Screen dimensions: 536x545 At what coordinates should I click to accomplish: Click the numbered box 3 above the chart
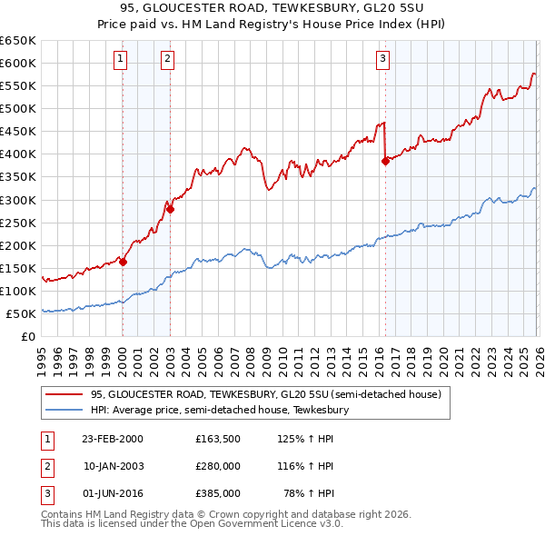(383, 59)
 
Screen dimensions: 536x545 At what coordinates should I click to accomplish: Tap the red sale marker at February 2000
(124, 262)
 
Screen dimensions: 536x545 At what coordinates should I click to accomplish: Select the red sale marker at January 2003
(170, 209)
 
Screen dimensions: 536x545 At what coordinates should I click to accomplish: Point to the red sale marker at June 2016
(385, 161)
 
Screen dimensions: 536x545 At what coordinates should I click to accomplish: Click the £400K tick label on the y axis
(18, 154)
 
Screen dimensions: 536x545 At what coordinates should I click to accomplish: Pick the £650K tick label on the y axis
(18, 41)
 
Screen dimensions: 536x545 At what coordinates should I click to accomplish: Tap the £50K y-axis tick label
(21, 313)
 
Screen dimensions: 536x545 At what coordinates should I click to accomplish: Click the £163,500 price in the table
(217, 439)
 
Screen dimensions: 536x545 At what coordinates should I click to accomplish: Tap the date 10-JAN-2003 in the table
(112, 466)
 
